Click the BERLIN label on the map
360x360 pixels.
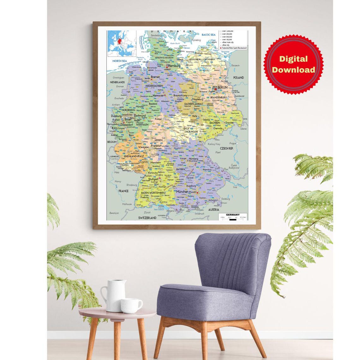coord(222,87)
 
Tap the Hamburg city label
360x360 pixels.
coord(174,66)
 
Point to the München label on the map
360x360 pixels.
coord(182,192)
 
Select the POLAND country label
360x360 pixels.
coord(238,77)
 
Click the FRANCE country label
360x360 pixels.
coord(123,191)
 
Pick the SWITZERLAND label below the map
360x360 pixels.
coord(147,218)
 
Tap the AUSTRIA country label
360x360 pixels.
coord(214,209)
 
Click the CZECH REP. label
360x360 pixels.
coord(226,148)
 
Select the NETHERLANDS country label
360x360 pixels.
coord(117,82)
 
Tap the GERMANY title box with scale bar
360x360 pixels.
coord(233,216)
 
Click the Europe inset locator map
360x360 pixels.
coord(122,43)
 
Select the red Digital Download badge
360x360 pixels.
coord(293,64)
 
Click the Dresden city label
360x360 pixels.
coord(229,123)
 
